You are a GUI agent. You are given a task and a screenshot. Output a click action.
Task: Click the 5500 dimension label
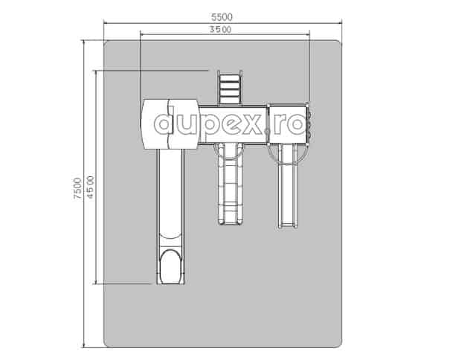coord(222,17)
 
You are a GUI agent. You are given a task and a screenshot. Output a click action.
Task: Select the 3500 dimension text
coord(221,30)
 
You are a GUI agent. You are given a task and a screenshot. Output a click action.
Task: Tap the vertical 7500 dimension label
coord(77,188)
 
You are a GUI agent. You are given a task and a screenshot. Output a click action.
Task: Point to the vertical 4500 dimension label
coord(91,187)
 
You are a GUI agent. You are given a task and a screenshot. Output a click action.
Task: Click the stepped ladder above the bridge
coord(230,88)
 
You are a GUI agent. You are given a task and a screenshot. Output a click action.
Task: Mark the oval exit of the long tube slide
coord(170,267)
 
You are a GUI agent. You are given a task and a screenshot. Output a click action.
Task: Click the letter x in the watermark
coord(251,124)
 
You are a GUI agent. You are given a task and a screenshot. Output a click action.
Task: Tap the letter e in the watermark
coord(228,124)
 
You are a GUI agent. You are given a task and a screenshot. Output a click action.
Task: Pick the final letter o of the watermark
coord(295,124)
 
